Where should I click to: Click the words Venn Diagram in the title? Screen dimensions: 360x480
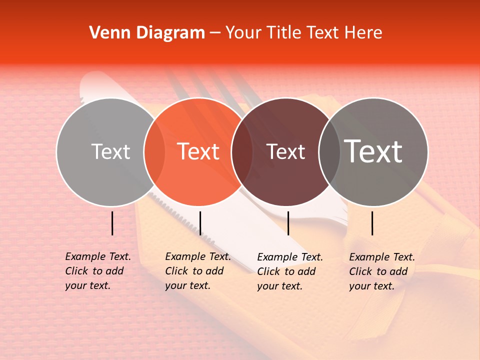[x=147, y=33]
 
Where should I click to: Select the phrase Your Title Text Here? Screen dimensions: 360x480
[x=303, y=33]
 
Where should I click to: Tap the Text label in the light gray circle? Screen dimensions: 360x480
[x=110, y=152]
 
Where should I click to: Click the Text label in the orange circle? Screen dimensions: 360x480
[x=198, y=151]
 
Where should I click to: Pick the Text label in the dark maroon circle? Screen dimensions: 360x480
[x=285, y=152]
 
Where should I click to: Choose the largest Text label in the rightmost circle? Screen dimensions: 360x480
[x=373, y=151]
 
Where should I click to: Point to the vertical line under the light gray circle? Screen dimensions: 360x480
[x=112, y=223]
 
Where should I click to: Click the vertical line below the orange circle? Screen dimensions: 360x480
[x=200, y=223]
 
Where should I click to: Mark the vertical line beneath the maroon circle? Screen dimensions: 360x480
[x=288, y=223]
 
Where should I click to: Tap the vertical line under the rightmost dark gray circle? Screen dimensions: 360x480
[x=372, y=223]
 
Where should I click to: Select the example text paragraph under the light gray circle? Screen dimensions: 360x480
[x=97, y=271]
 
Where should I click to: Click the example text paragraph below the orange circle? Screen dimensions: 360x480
[x=197, y=271]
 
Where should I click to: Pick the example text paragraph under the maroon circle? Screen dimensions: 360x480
[x=289, y=271]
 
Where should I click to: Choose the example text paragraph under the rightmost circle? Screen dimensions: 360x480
[x=381, y=271]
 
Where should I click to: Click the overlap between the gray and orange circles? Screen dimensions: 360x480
[x=154, y=152]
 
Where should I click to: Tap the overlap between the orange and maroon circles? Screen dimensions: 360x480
[x=242, y=152]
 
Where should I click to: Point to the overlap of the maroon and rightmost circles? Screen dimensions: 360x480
[x=329, y=152]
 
